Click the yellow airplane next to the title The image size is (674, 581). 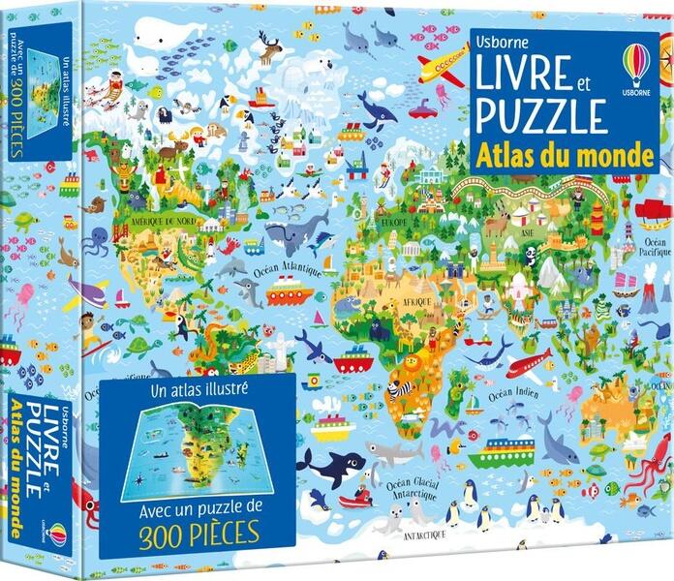tap(442, 65)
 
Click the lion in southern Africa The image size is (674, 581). tap(410, 366)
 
